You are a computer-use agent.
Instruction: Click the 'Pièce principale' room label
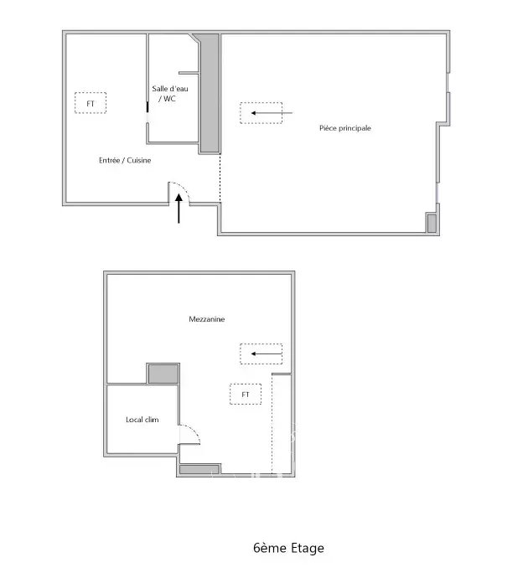click(x=345, y=128)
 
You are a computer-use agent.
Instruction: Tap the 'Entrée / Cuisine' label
click(x=125, y=160)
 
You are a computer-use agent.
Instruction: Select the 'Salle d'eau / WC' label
click(x=169, y=94)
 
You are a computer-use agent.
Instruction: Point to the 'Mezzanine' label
click(x=206, y=319)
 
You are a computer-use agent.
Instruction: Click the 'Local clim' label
click(x=142, y=420)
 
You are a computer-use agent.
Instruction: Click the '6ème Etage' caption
click(x=288, y=548)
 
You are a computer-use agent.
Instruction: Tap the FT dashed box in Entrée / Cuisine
click(x=91, y=103)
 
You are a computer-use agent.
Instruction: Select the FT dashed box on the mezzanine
click(x=246, y=395)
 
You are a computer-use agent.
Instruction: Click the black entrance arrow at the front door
click(x=179, y=209)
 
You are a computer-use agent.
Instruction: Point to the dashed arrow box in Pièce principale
click(x=261, y=112)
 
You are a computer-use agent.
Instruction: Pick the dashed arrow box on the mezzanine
click(x=261, y=354)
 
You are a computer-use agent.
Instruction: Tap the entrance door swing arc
click(x=184, y=188)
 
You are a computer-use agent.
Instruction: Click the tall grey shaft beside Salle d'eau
click(x=210, y=93)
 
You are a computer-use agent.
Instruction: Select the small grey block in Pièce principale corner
click(x=432, y=223)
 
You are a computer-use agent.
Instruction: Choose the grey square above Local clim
click(x=163, y=374)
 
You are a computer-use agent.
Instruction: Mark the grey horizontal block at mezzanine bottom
click(x=199, y=469)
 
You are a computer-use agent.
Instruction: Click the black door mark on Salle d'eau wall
click(x=148, y=107)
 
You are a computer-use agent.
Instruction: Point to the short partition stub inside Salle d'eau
click(x=189, y=73)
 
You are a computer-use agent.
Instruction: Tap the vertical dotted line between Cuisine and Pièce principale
click(x=220, y=178)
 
